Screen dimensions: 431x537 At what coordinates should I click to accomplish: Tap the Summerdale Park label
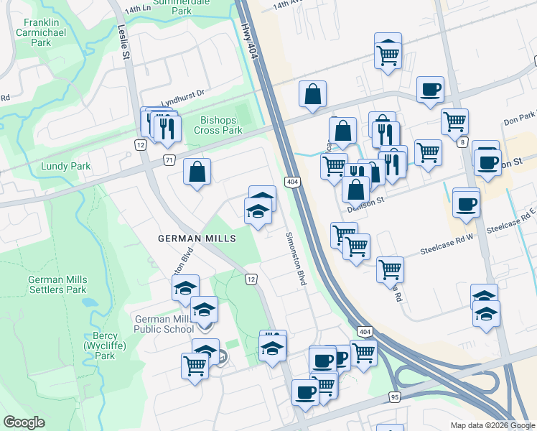pyautogui.click(x=172, y=7)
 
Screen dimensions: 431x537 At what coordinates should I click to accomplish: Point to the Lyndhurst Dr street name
pyautogui.click(x=182, y=93)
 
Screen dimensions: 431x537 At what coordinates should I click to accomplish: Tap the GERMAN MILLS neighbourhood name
pyautogui.click(x=197, y=238)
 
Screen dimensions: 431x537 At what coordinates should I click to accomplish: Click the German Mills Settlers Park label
pyautogui.click(x=57, y=284)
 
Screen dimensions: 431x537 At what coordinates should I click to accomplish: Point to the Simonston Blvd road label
pyautogui.click(x=296, y=259)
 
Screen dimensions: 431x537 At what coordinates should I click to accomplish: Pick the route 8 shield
pyautogui.click(x=462, y=142)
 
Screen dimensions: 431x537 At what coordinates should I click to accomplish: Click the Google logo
pyautogui.click(x=24, y=422)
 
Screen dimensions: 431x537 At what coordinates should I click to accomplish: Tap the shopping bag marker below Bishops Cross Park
pyautogui.click(x=197, y=172)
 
